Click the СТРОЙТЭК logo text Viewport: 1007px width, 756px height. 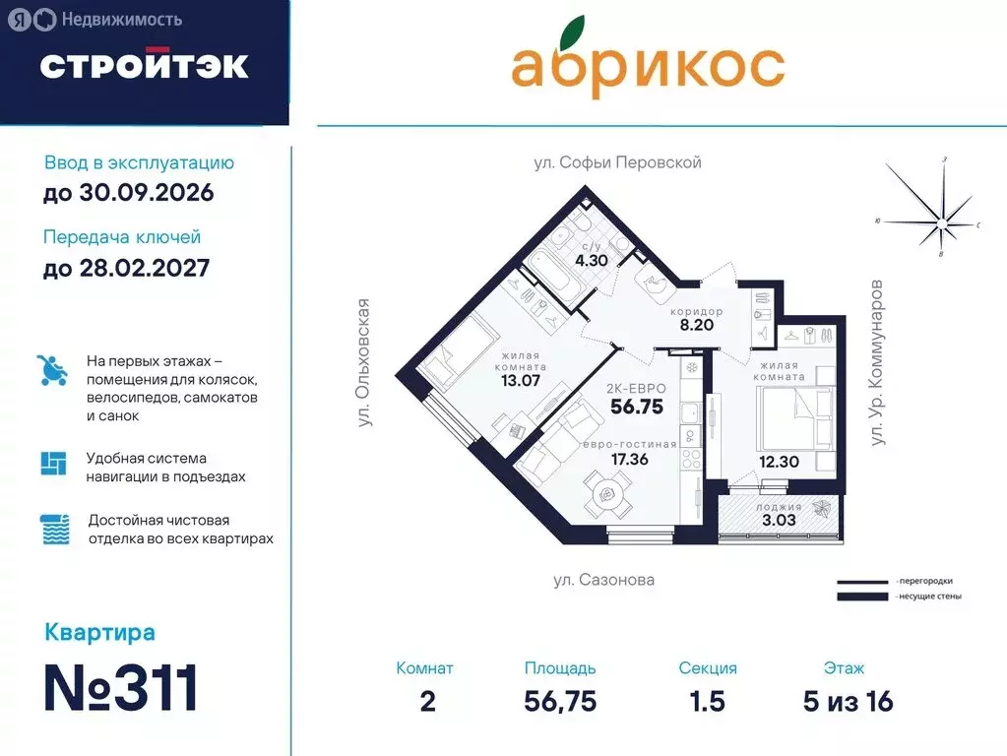(144, 65)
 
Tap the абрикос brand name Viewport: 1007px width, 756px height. (648, 65)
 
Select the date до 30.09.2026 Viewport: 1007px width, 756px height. (128, 192)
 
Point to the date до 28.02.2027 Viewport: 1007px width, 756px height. (126, 267)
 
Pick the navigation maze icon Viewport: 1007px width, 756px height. (53, 464)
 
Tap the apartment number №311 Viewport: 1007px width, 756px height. (122, 688)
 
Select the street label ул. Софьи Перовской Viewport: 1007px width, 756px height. (617, 162)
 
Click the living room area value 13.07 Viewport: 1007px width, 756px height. (520, 380)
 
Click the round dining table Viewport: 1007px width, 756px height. (606, 492)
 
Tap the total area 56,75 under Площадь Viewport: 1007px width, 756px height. (560, 701)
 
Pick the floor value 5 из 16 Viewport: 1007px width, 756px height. (848, 701)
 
